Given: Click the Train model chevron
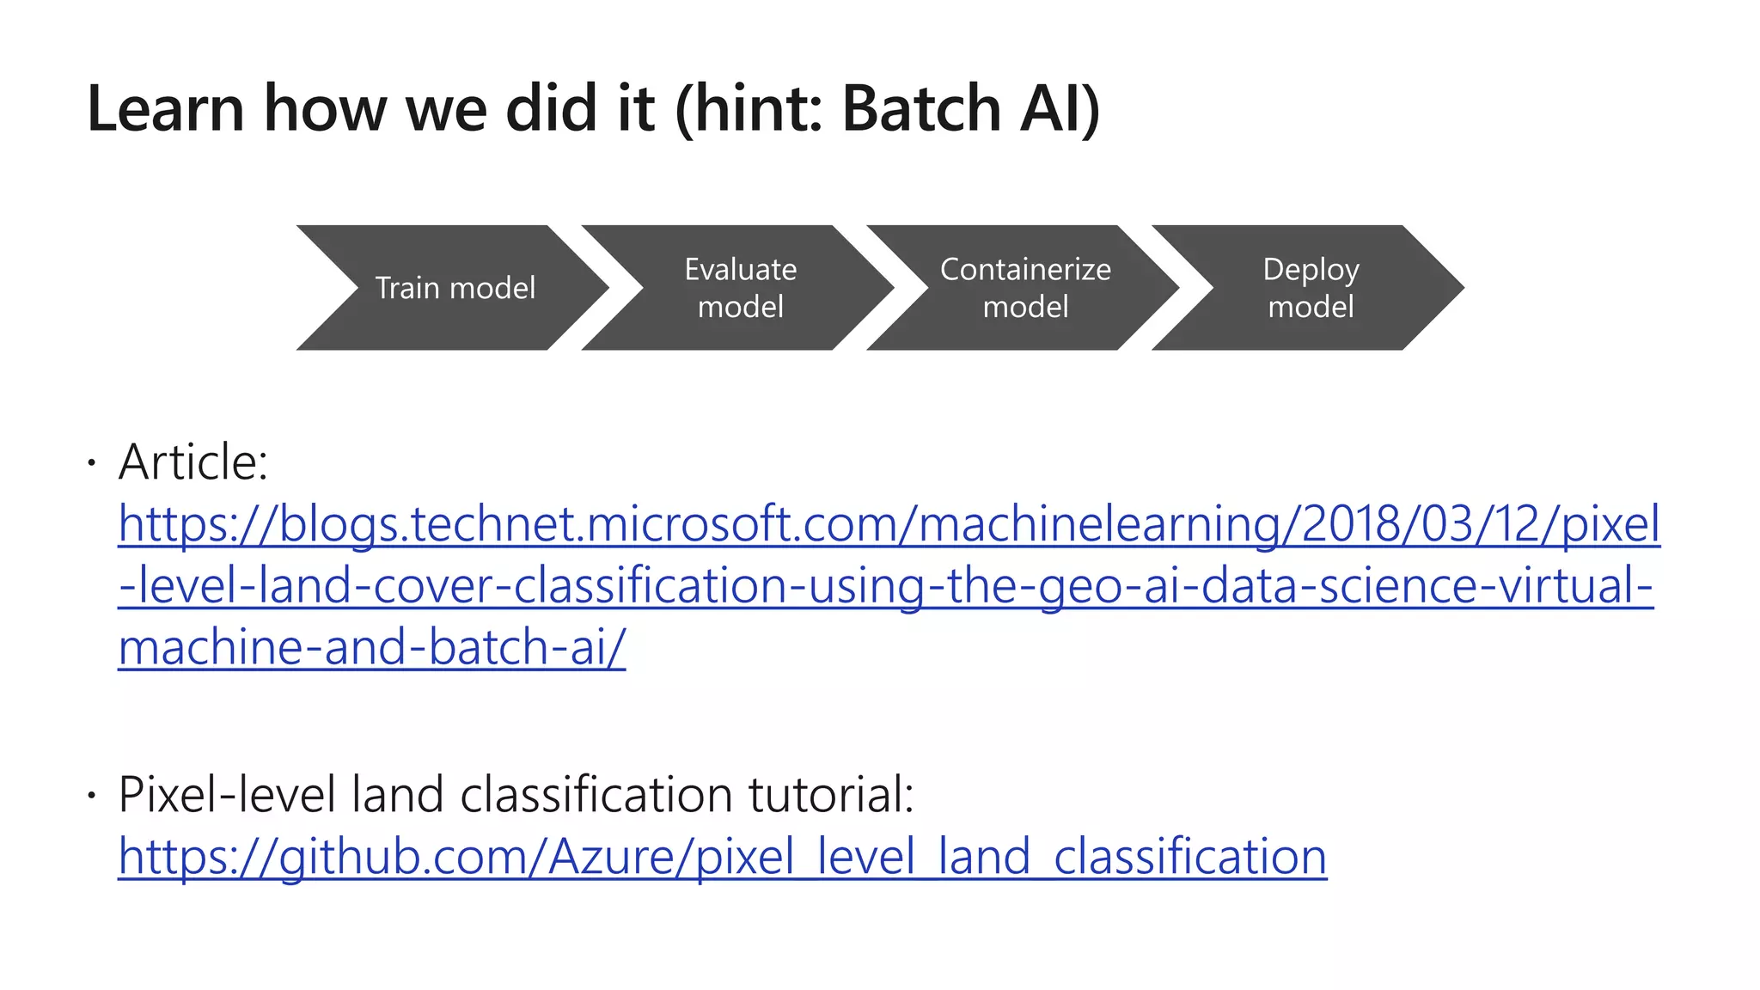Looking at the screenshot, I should (x=455, y=288).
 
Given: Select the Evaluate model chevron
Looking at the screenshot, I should (x=740, y=288).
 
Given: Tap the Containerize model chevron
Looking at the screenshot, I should (x=1025, y=288).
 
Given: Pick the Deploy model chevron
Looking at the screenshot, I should (x=1311, y=288).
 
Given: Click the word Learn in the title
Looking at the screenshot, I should (x=166, y=109).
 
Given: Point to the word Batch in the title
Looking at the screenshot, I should (x=920, y=109).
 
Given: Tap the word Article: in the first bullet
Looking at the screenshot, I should (x=193, y=462).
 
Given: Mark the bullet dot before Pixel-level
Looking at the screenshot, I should (x=91, y=797).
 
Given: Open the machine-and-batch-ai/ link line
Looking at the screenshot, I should (x=371, y=647).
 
